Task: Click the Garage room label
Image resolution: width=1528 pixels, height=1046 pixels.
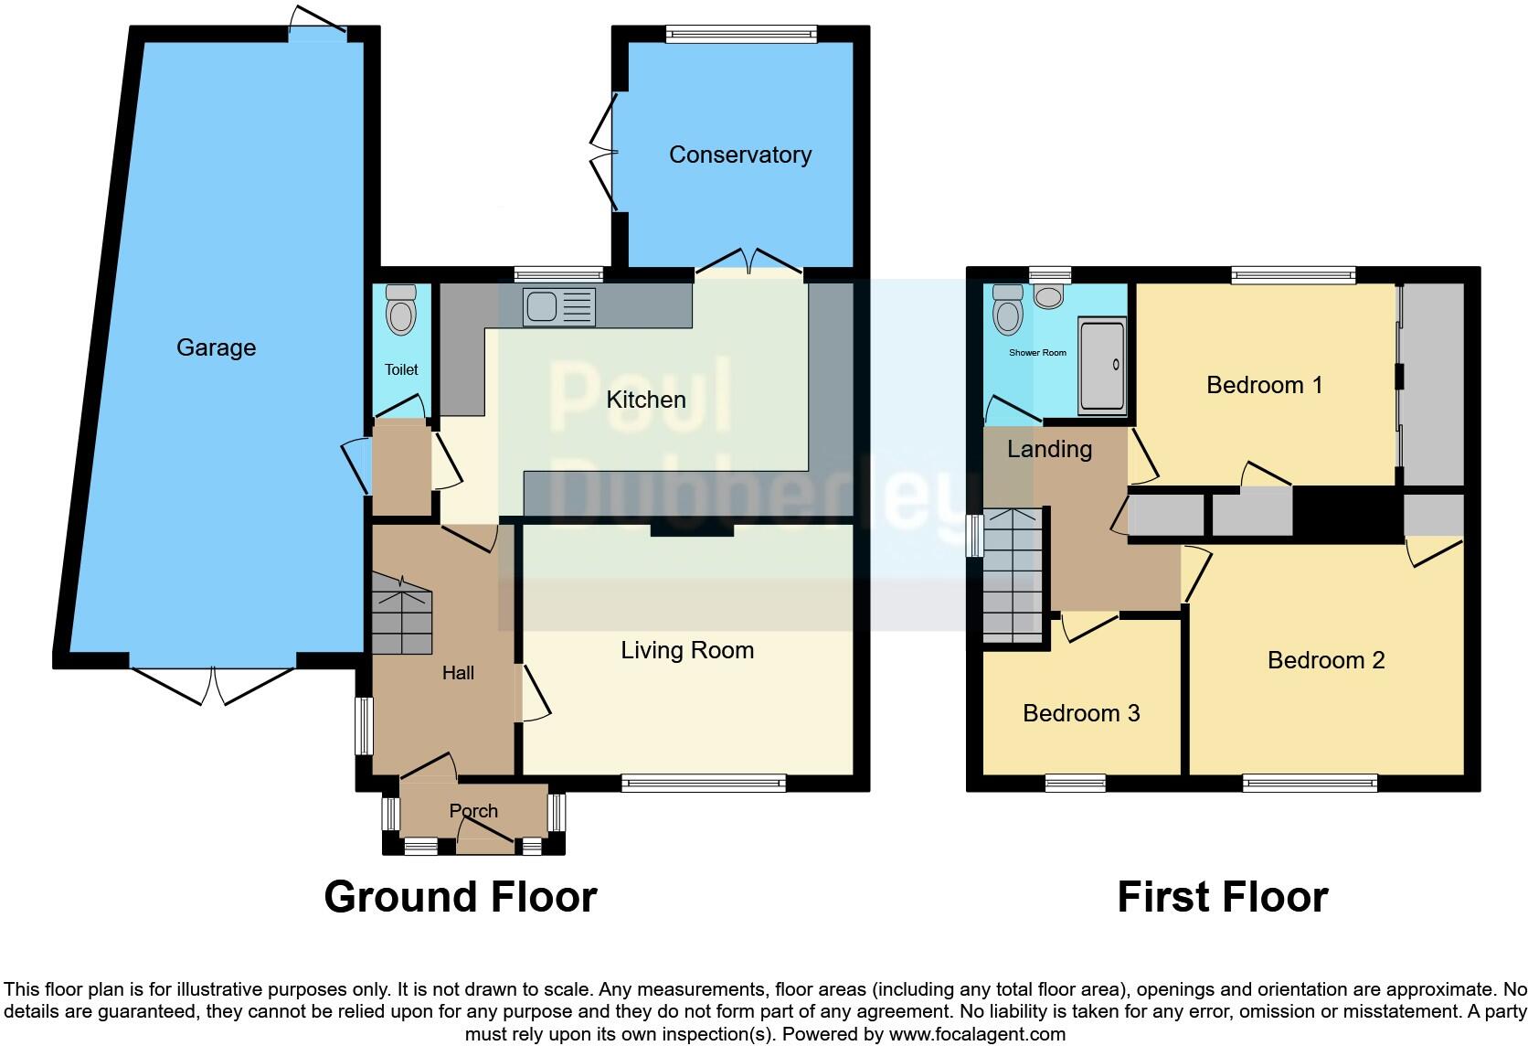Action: [x=216, y=347]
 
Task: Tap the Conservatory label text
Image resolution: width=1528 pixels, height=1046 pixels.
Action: [x=739, y=155]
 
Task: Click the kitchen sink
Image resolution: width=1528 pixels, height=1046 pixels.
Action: [x=558, y=306]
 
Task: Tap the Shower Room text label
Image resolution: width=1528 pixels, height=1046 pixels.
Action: [x=1037, y=352]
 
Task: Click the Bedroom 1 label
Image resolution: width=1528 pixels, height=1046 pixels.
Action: [x=1264, y=385]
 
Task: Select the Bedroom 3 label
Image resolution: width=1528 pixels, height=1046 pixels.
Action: [x=1080, y=713]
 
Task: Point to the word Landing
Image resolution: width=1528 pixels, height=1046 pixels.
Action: [x=1049, y=449]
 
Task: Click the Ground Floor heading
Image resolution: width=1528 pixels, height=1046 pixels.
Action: [x=461, y=897]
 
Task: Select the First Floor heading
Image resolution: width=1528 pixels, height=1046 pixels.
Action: [x=1222, y=897]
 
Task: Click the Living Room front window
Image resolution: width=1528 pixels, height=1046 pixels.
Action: [x=703, y=782]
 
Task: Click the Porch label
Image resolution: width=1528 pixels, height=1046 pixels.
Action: [x=473, y=811]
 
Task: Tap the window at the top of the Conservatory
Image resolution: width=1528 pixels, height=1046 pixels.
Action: [x=740, y=35]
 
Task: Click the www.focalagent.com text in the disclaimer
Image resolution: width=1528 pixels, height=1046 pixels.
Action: [x=976, y=1035]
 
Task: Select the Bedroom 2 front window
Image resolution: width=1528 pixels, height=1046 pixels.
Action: [x=1310, y=783]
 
